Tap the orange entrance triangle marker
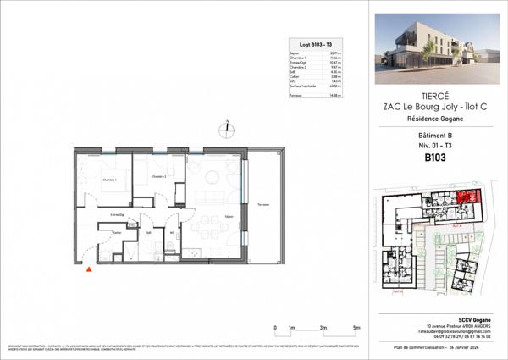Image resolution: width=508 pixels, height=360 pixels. [89, 270]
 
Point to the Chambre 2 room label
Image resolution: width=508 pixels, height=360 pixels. [157, 176]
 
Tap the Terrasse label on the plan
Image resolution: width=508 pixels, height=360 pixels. [264, 205]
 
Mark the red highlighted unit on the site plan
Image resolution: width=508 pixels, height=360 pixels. [467, 197]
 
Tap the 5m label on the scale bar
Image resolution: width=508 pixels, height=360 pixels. [356, 327]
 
